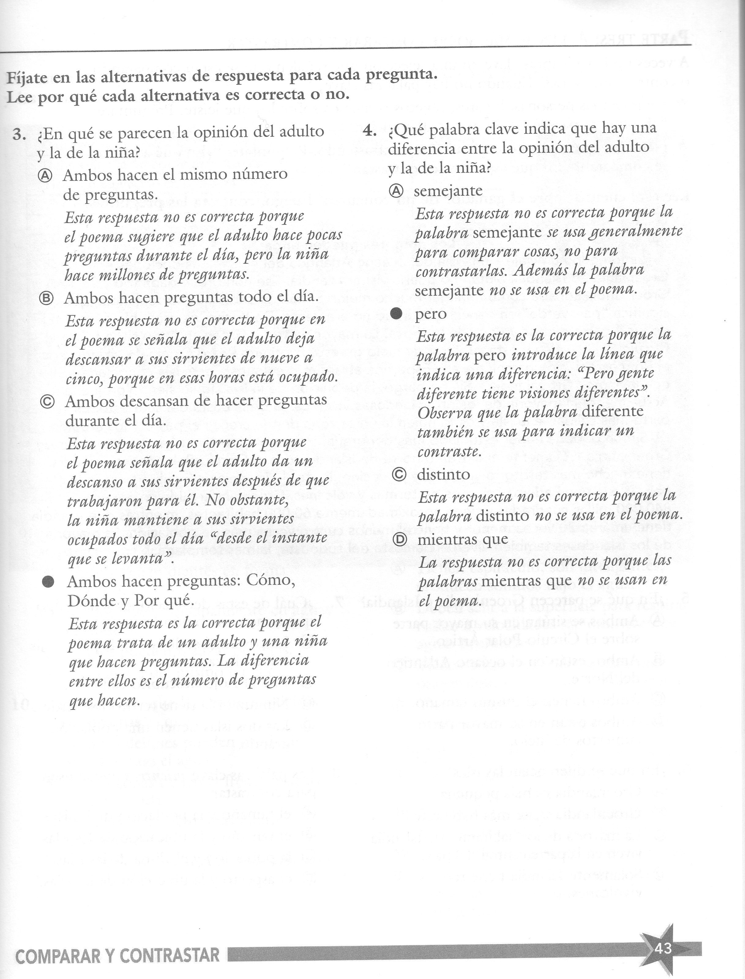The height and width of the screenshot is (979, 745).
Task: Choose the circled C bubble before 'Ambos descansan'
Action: pyautogui.click(x=47, y=402)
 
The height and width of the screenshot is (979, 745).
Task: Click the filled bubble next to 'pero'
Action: pyautogui.click(x=396, y=314)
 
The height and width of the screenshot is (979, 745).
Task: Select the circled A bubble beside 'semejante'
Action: pyautogui.click(x=396, y=191)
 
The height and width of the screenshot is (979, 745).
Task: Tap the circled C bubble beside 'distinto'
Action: pyautogui.click(x=399, y=475)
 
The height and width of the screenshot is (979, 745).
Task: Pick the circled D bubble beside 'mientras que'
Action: pyautogui.click(x=400, y=540)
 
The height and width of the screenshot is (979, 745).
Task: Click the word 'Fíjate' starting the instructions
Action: pyautogui.click(x=26, y=78)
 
